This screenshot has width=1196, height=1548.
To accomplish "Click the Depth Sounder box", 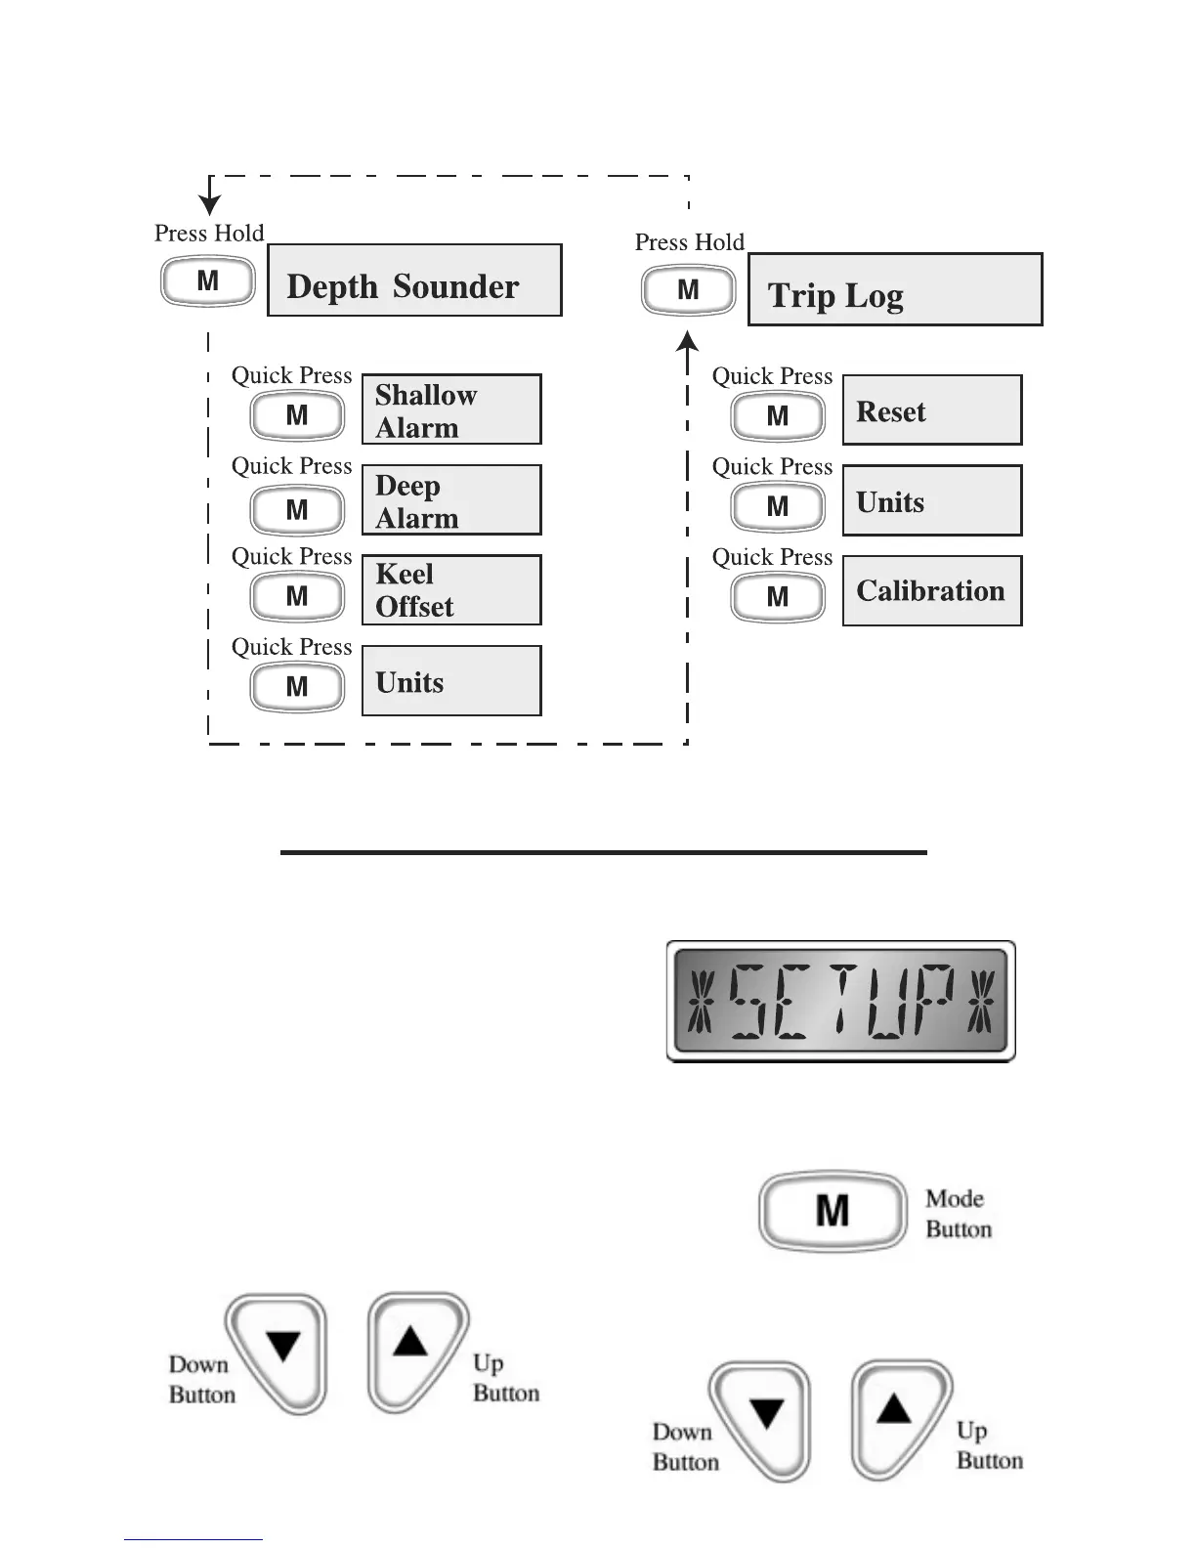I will [x=414, y=280].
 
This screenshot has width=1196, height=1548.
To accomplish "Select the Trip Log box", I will [x=895, y=290].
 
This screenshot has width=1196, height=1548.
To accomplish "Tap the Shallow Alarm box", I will [x=451, y=409].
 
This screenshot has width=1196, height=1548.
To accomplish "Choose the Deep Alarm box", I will [x=451, y=499].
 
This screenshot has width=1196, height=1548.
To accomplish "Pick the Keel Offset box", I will [x=451, y=590].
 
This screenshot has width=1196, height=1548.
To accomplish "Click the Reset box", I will [x=932, y=410].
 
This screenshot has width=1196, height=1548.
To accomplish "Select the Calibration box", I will [x=932, y=590].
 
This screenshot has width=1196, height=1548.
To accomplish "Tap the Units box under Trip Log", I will [x=932, y=500].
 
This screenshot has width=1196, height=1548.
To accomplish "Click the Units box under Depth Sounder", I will [x=451, y=681].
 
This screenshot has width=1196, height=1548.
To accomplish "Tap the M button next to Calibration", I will [x=778, y=597].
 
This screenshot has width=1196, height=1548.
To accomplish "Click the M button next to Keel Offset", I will [x=297, y=597].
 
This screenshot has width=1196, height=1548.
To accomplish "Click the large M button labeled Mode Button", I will [x=833, y=1212].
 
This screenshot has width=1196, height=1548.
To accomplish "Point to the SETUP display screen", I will [x=840, y=1002].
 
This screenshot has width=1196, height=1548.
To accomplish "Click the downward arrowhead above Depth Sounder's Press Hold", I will [x=209, y=203].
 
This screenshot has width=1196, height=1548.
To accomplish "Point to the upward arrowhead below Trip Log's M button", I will [x=689, y=342].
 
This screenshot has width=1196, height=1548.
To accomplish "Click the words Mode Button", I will [x=958, y=1214].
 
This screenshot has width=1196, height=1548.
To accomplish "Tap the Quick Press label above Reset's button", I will [x=772, y=376].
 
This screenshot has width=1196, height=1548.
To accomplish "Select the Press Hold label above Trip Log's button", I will [x=689, y=242].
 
